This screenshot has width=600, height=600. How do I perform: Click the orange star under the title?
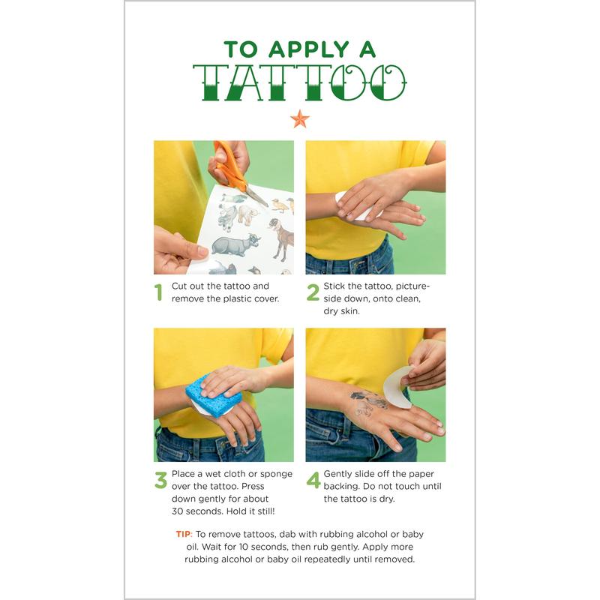pos(299,119)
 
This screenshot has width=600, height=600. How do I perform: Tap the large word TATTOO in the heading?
pos(299,82)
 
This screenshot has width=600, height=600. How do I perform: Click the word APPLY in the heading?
pos(309,49)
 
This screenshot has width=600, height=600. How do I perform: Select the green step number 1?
pos(158,292)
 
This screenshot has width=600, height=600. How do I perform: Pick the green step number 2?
pos(313,292)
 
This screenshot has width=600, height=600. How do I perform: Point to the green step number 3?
pos(160,480)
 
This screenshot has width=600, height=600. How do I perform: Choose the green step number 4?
pos(313,480)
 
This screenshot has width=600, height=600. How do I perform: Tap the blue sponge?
pos(214,395)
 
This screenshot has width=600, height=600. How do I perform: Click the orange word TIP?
pos(184,534)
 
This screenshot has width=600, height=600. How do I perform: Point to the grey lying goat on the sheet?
pos(235,245)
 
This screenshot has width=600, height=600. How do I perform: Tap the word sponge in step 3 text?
pos(276,475)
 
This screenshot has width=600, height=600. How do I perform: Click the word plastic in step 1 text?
pos(237,298)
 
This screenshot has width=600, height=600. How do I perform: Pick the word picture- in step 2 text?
pos(413,286)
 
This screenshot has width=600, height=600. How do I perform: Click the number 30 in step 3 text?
pos(178,511)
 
